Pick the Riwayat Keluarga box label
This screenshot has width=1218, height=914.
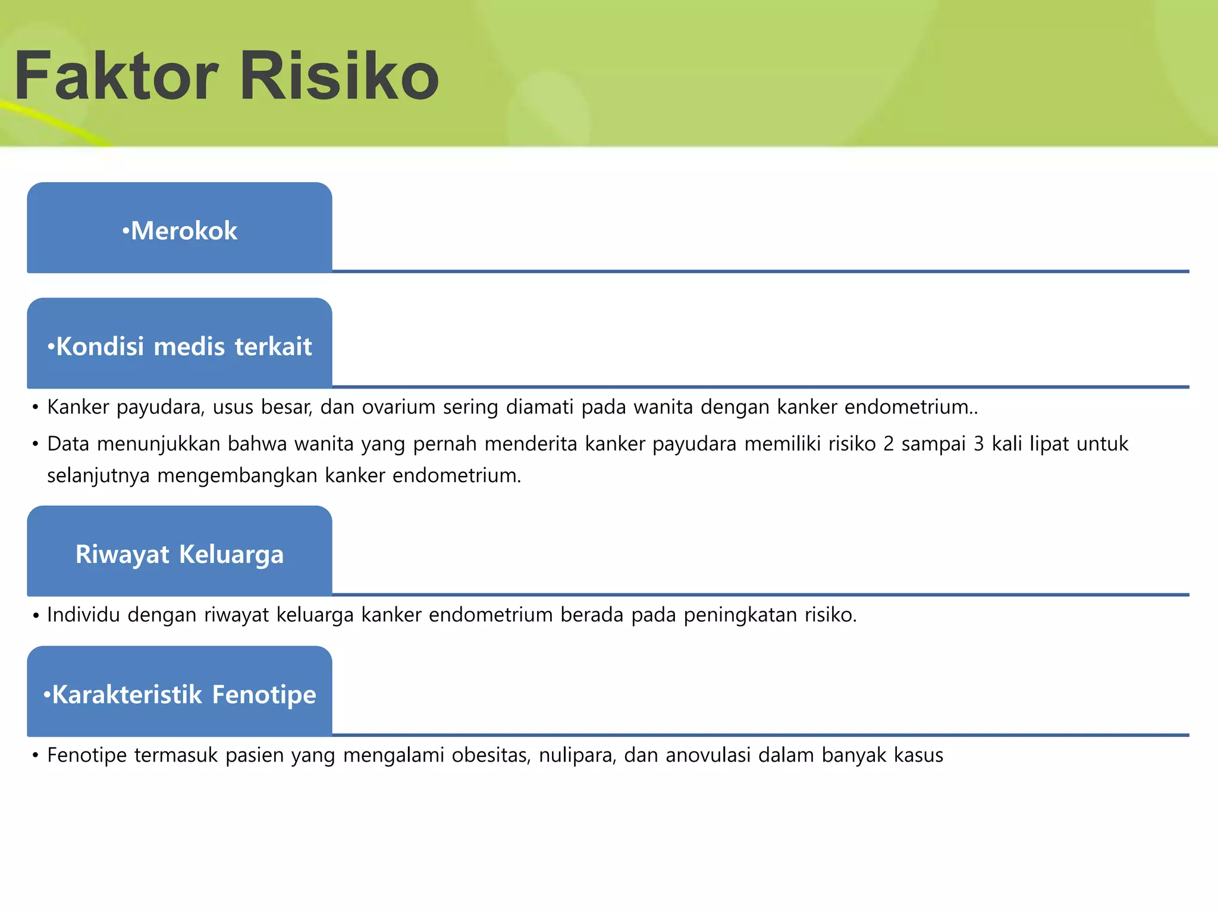(x=180, y=554)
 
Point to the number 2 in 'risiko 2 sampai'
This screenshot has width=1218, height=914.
(x=889, y=445)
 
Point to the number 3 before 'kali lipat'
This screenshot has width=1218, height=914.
(x=978, y=445)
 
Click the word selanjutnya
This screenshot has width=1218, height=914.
(x=98, y=476)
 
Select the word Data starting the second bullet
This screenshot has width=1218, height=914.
(x=68, y=445)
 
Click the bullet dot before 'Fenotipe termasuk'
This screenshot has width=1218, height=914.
(x=36, y=756)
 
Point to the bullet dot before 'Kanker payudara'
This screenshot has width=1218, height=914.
(x=36, y=408)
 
